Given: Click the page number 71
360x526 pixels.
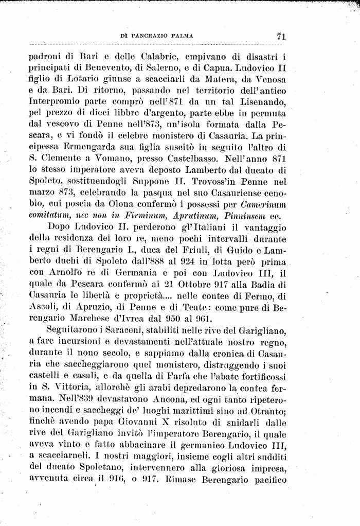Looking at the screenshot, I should tap(281, 36).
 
